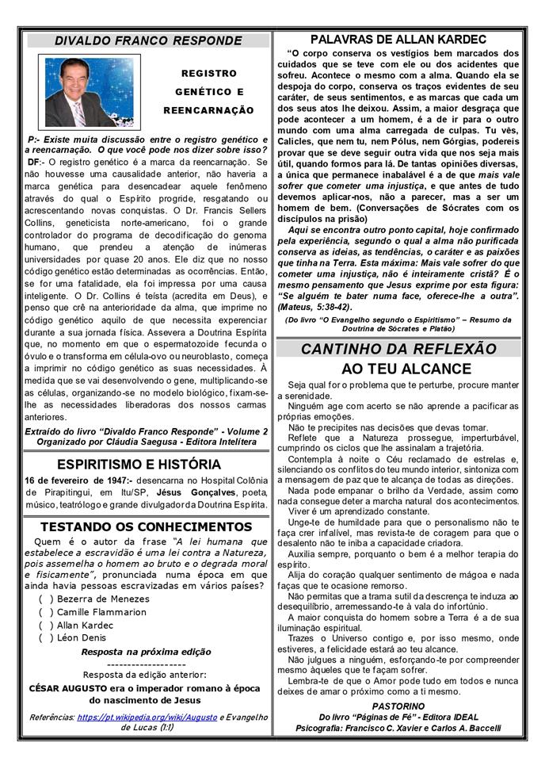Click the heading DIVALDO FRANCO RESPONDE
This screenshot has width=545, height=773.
pyautogui.click(x=148, y=40)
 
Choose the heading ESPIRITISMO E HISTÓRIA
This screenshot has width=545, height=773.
pyautogui.click(x=148, y=464)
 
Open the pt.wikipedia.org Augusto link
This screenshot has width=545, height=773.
pyautogui.click(x=147, y=717)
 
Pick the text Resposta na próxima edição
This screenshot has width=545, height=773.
pyautogui.click(x=147, y=652)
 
